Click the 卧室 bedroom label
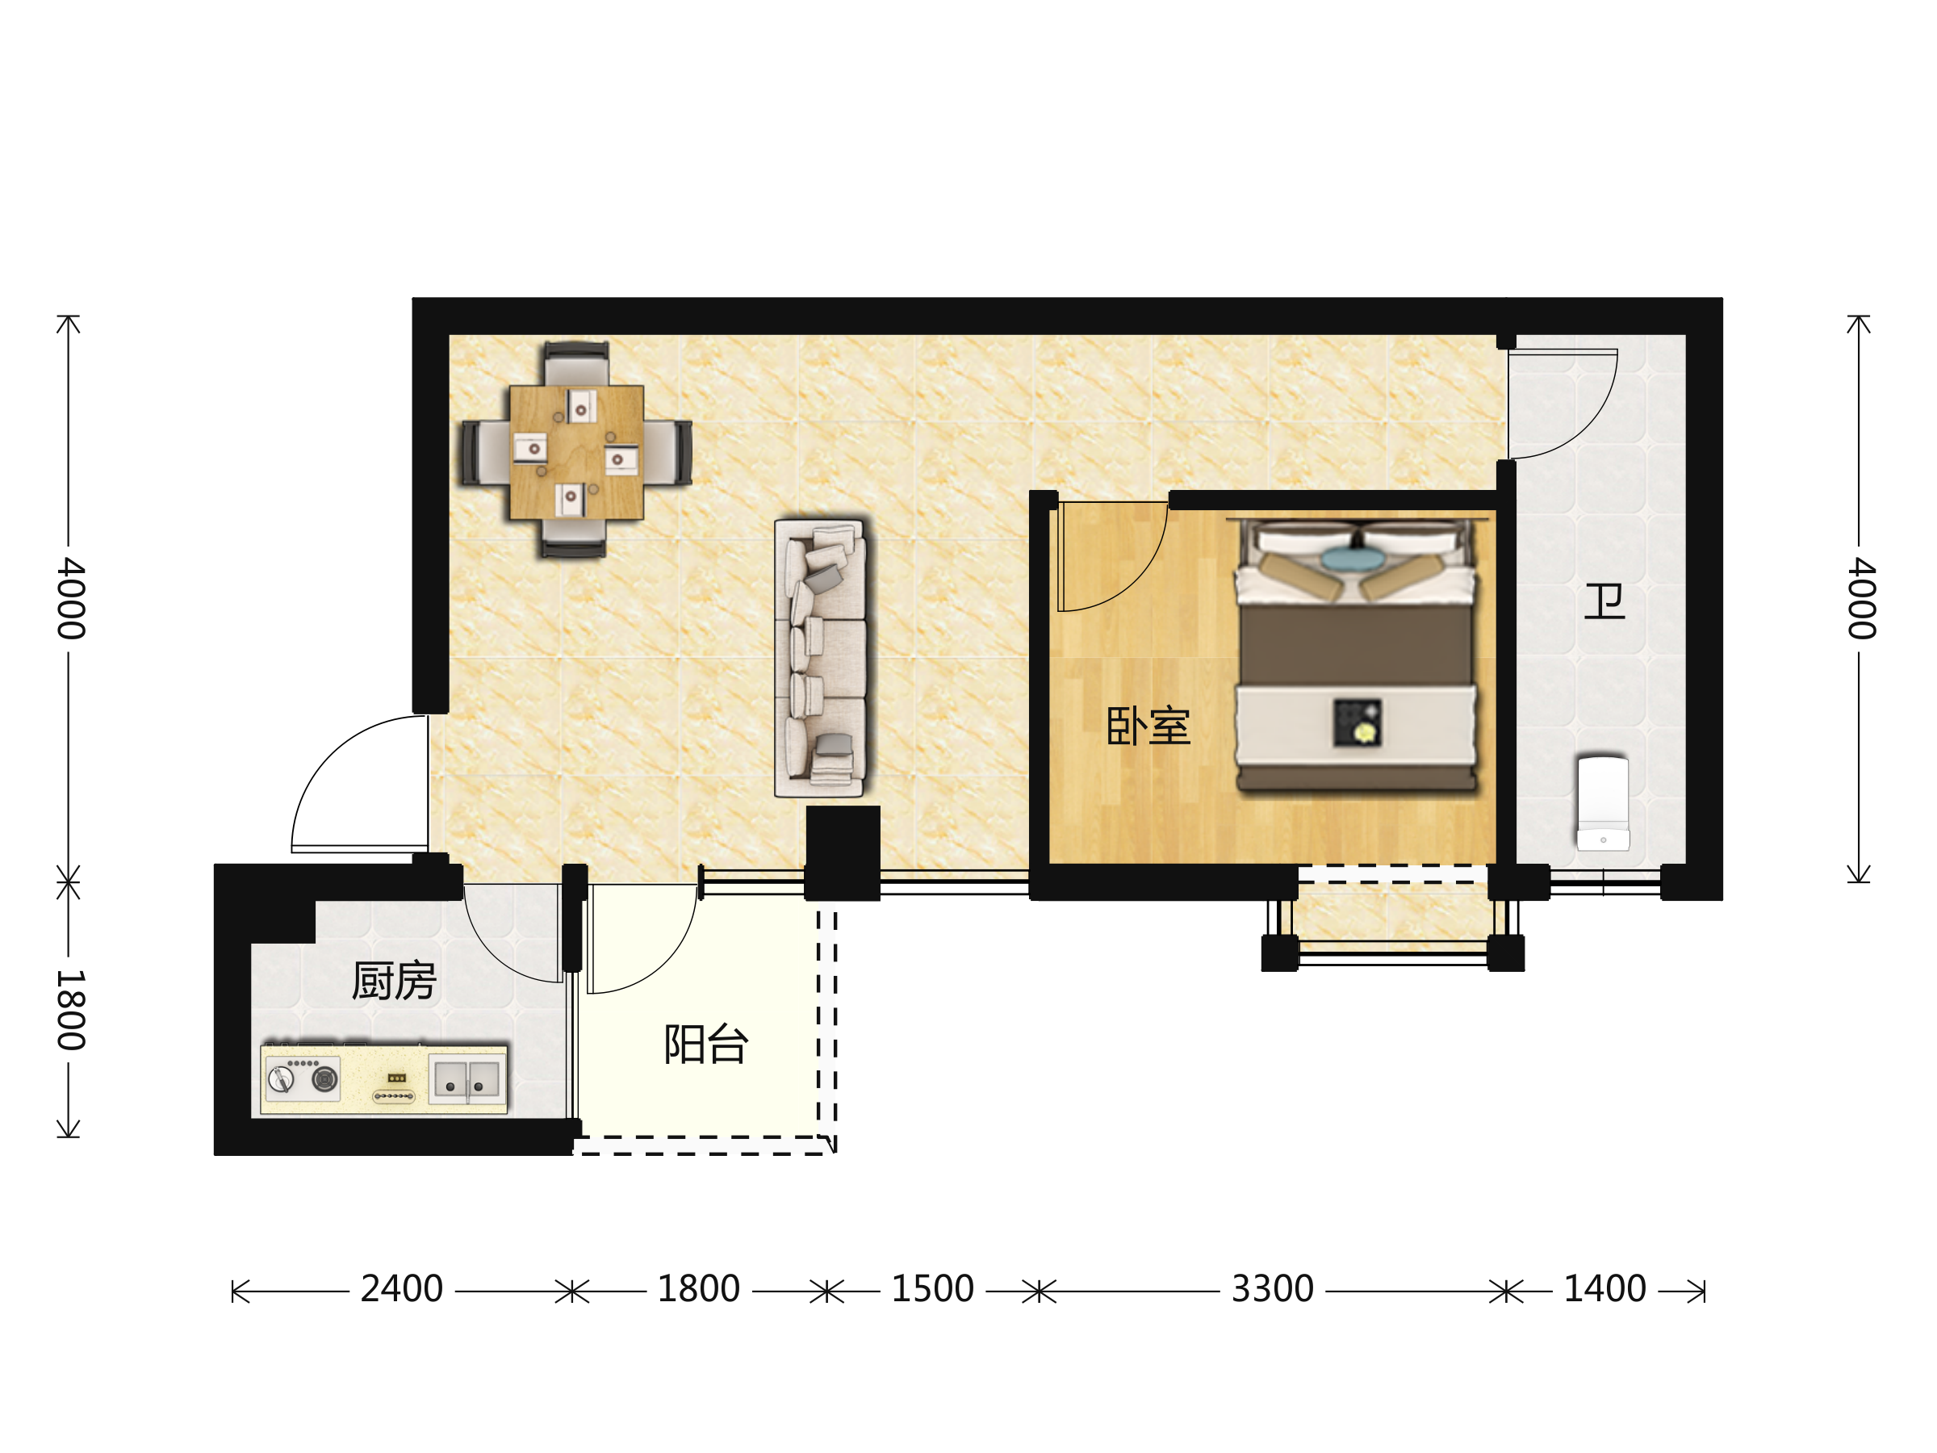[x=1148, y=726]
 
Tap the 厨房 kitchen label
[x=393, y=981]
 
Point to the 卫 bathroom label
[x=1604, y=602]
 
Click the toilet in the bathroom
[x=1603, y=803]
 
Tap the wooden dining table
[x=576, y=452]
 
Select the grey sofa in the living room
[x=820, y=657]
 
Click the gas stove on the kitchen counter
[x=302, y=1078]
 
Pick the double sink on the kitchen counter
[x=466, y=1080]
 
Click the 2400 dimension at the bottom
[x=402, y=1289]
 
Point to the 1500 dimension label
[x=933, y=1289]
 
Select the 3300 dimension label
[x=1272, y=1289]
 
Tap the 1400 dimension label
[x=1605, y=1289]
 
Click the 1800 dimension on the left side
[x=71, y=1010]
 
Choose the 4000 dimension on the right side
[x=1861, y=598]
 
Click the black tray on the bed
[x=1357, y=722]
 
